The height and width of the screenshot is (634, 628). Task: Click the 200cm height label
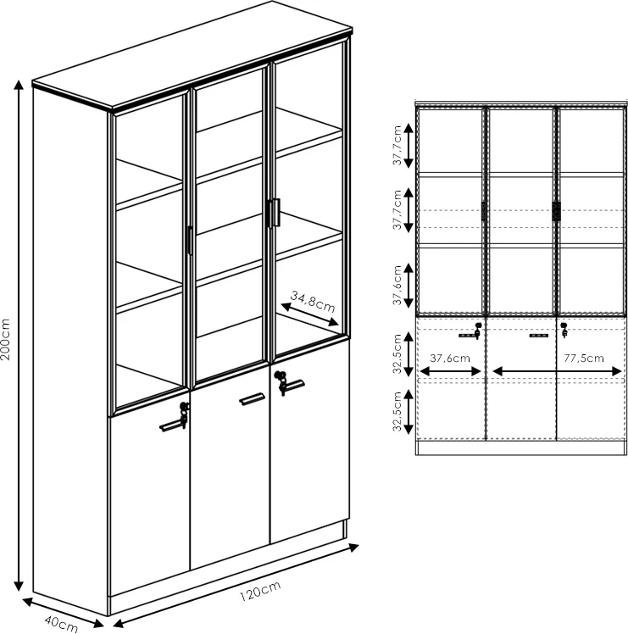(5, 340)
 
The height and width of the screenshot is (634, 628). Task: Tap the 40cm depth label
(61, 624)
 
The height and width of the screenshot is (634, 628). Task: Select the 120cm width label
(260, 591)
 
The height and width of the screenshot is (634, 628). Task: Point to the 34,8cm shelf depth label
(313, 302)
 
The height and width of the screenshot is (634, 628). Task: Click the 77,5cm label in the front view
(584, 358)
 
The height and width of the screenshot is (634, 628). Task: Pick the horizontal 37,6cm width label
(450, 358)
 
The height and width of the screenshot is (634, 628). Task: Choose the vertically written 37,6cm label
(397, 285)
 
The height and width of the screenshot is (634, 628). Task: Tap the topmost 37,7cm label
(397, 145)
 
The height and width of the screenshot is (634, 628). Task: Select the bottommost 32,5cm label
(397, 411)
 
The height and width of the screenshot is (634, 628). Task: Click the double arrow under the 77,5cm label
(558, 371)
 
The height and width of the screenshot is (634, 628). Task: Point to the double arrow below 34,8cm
(309, 314)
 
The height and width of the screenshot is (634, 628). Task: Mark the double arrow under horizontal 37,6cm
(451, 371)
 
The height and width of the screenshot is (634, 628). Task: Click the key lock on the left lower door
(185, 414)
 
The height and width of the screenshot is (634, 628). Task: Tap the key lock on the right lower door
(281, 382)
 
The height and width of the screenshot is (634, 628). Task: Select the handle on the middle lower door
(252, 398)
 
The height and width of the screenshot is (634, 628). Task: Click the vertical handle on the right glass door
(276, 213)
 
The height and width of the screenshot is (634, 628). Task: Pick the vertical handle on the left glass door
(190, 240)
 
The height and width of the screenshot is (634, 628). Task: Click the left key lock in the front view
(478, 331)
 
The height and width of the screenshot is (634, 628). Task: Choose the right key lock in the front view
(564, 330)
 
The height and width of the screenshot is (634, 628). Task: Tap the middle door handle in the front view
(539, 335)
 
